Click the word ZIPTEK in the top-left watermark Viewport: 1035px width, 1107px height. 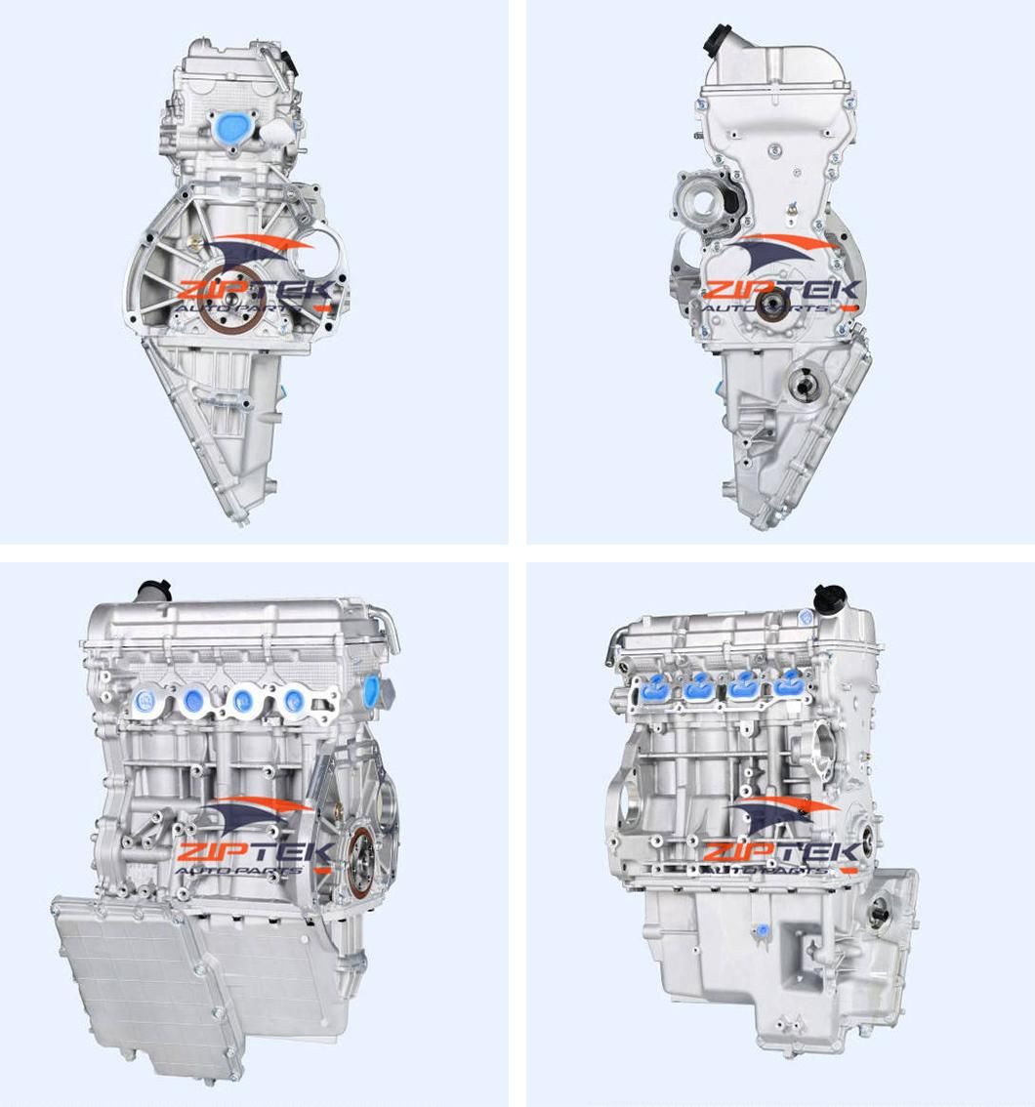[x=256, y=291]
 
